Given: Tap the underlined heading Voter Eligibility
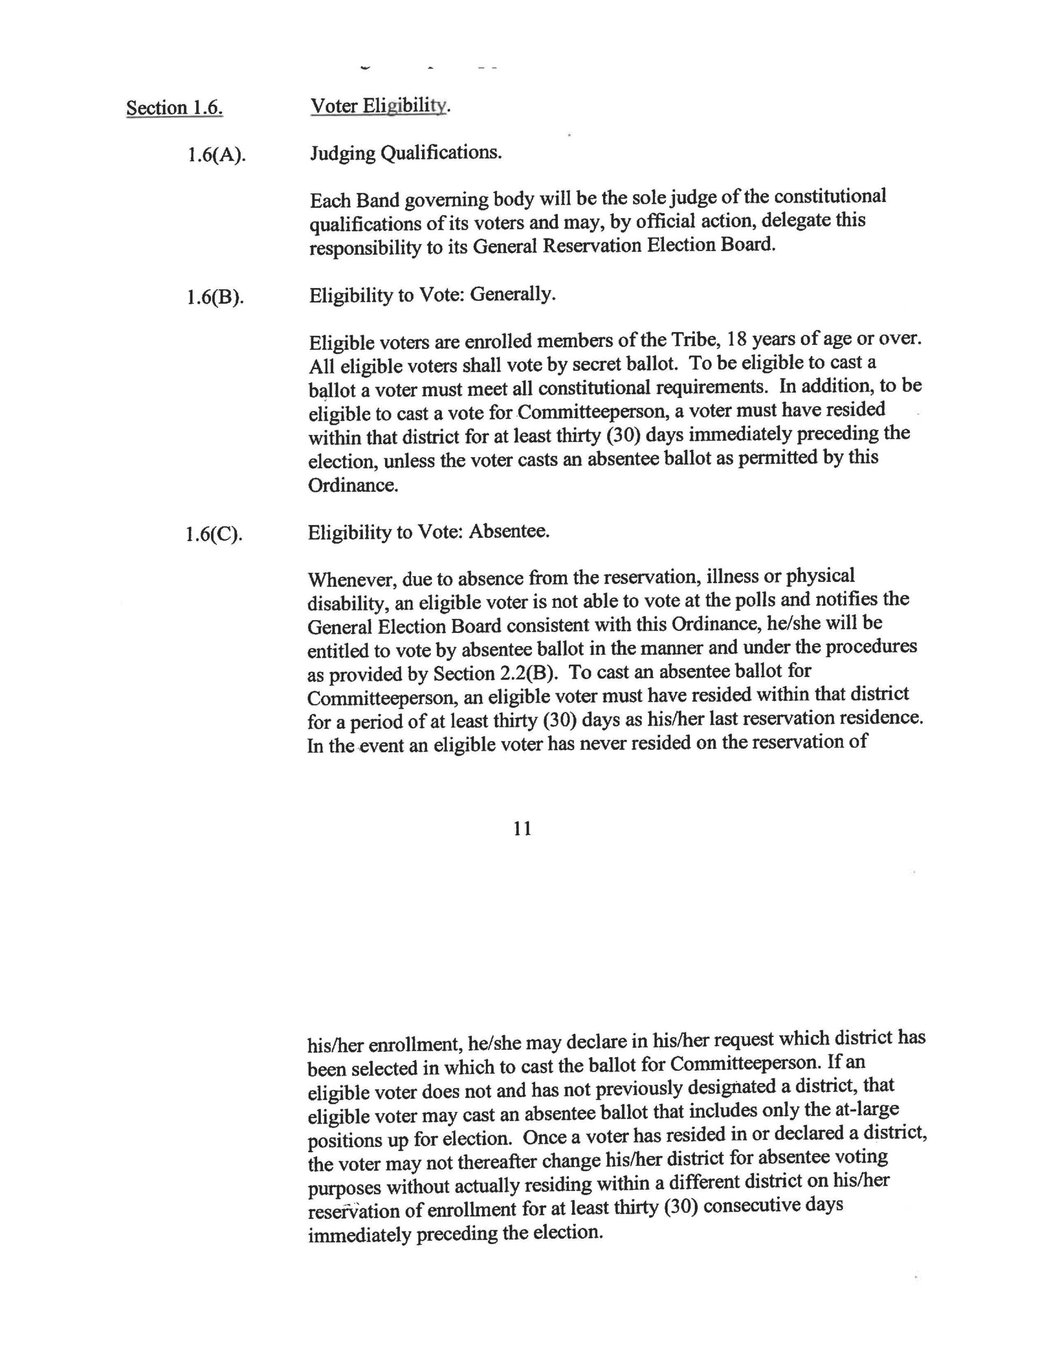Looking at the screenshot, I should click(379, 106).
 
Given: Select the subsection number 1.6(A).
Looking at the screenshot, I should click(216, 154).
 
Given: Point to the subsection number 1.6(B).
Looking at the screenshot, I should click(215, 297).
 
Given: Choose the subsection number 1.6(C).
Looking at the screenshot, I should click(214, 535).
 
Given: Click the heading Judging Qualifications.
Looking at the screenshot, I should click(405, 152).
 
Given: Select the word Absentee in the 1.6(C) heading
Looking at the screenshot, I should click(509, 532).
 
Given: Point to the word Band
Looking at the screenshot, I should click(378, 201).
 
